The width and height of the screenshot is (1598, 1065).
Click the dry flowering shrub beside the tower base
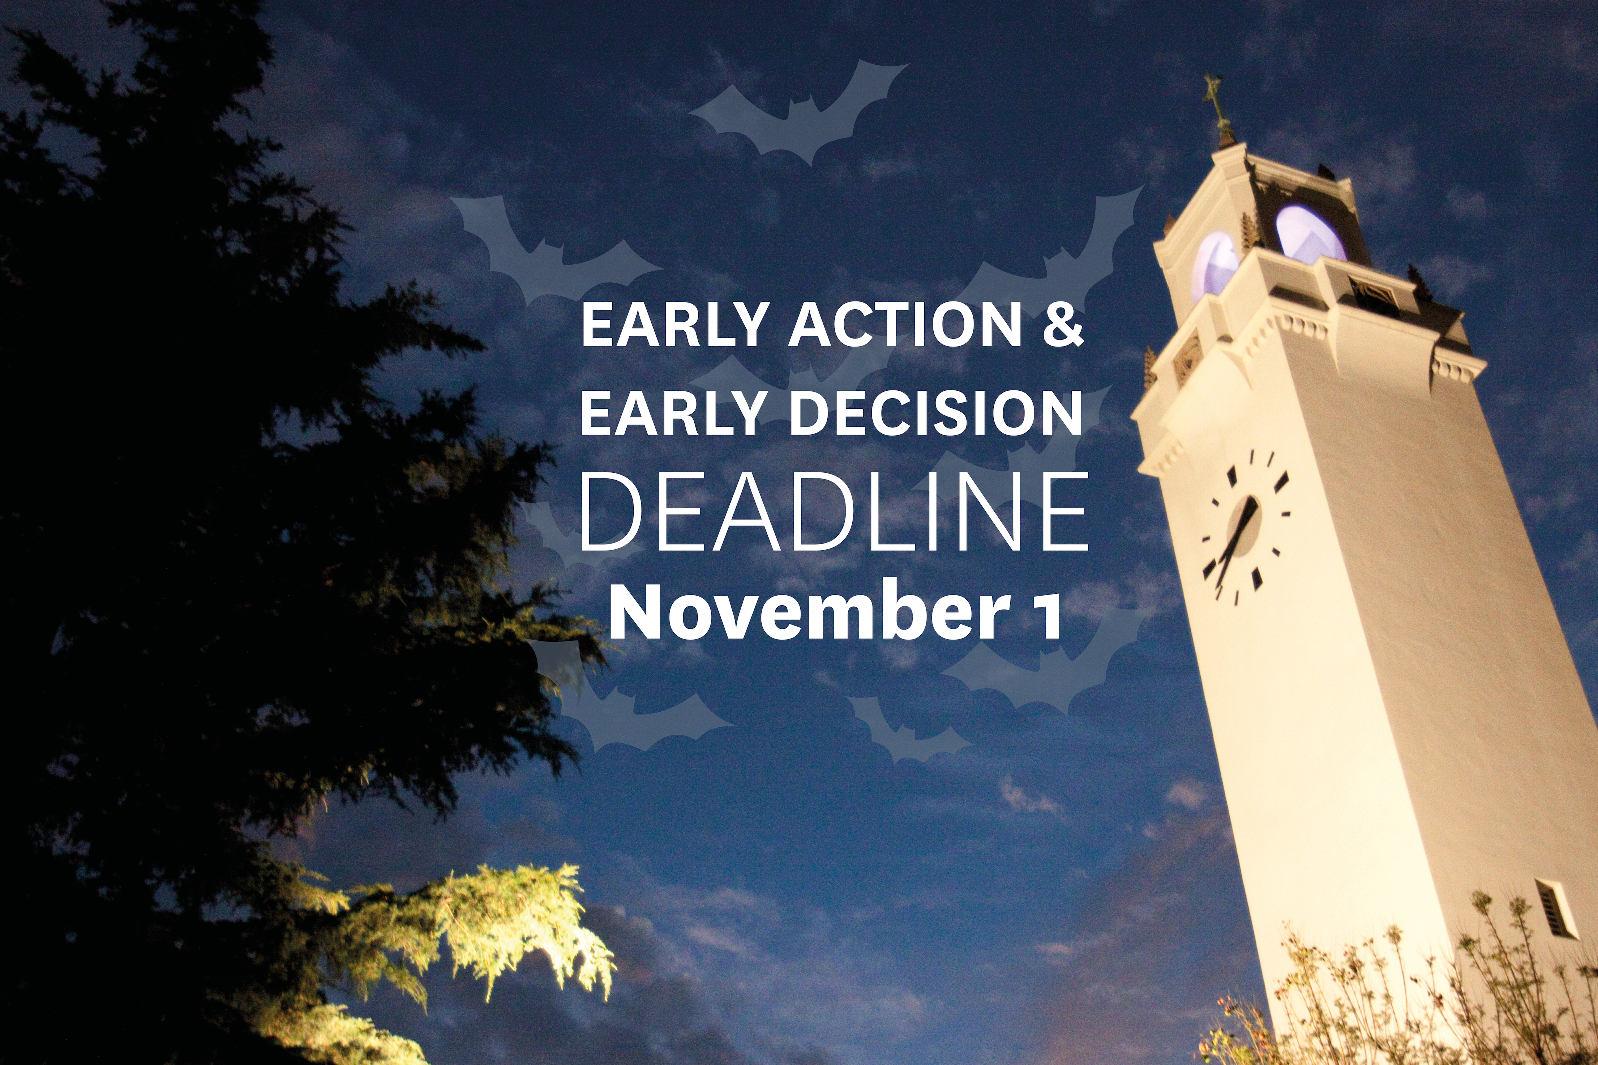[x=1426, y=985]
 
